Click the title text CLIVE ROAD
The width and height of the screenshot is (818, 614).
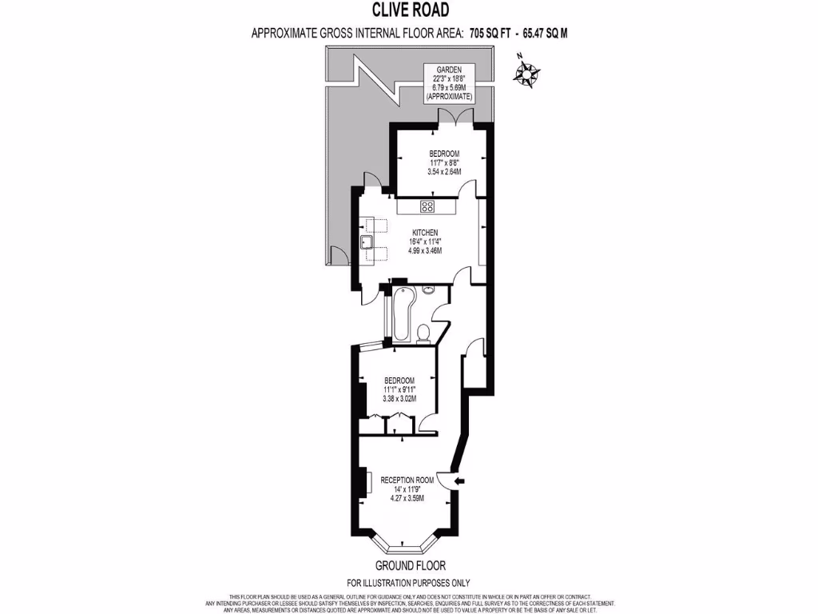point(409,10)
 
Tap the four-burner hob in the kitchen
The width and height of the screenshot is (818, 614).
point(427,207)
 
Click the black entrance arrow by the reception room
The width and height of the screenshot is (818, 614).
point(459,480)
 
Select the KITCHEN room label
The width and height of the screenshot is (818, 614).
point(423,233)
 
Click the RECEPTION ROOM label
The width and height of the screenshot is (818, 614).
point(407,480)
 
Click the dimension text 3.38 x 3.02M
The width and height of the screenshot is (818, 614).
point(399,398)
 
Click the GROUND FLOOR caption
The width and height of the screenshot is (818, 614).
point(408,565)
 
